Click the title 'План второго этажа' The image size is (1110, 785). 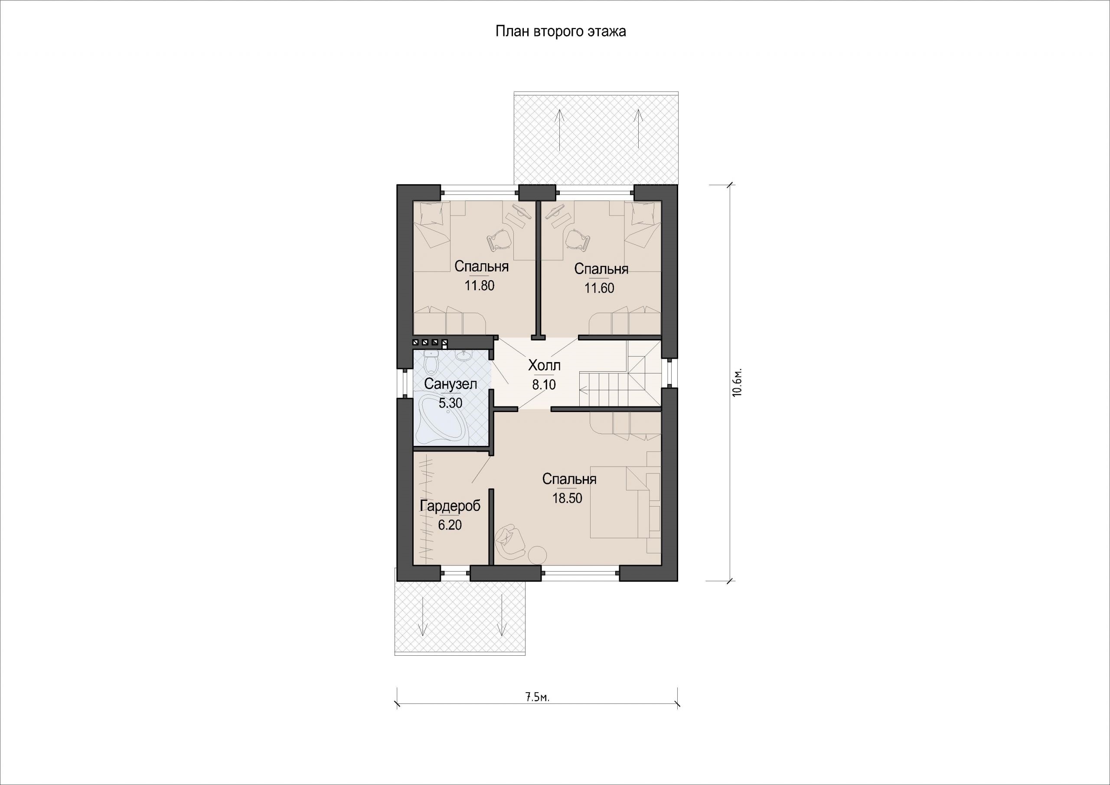561,31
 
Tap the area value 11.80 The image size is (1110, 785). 480,286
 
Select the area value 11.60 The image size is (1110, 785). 600,288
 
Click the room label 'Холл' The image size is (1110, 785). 544,365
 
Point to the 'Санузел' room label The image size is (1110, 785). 451,384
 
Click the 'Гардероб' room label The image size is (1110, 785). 450,506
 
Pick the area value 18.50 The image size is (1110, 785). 568,498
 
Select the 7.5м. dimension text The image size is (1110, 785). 537,697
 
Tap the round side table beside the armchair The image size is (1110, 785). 537,554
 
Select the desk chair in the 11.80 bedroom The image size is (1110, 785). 499,240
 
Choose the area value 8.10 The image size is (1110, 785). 544,385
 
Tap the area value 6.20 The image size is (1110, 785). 450,525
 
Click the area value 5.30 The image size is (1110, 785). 451,403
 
